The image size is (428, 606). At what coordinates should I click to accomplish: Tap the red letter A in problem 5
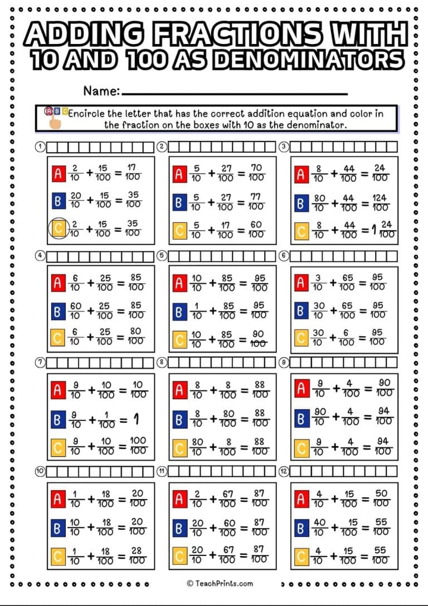tap(179, 283)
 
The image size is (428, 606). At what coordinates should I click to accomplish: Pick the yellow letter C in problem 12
tap(301, 555)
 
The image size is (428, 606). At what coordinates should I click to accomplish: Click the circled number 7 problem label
tap(40, 362)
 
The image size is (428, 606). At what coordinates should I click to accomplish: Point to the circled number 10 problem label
tap(40, 471)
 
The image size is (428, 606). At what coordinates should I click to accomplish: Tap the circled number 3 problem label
tap(284, 147)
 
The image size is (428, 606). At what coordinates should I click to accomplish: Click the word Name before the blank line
tap(101, 90)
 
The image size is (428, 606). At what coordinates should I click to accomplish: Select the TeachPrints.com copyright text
tap(220, 583)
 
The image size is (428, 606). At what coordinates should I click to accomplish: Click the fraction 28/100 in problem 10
tap(135, 555)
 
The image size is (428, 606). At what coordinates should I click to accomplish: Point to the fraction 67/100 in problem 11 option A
tap(226, 498)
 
